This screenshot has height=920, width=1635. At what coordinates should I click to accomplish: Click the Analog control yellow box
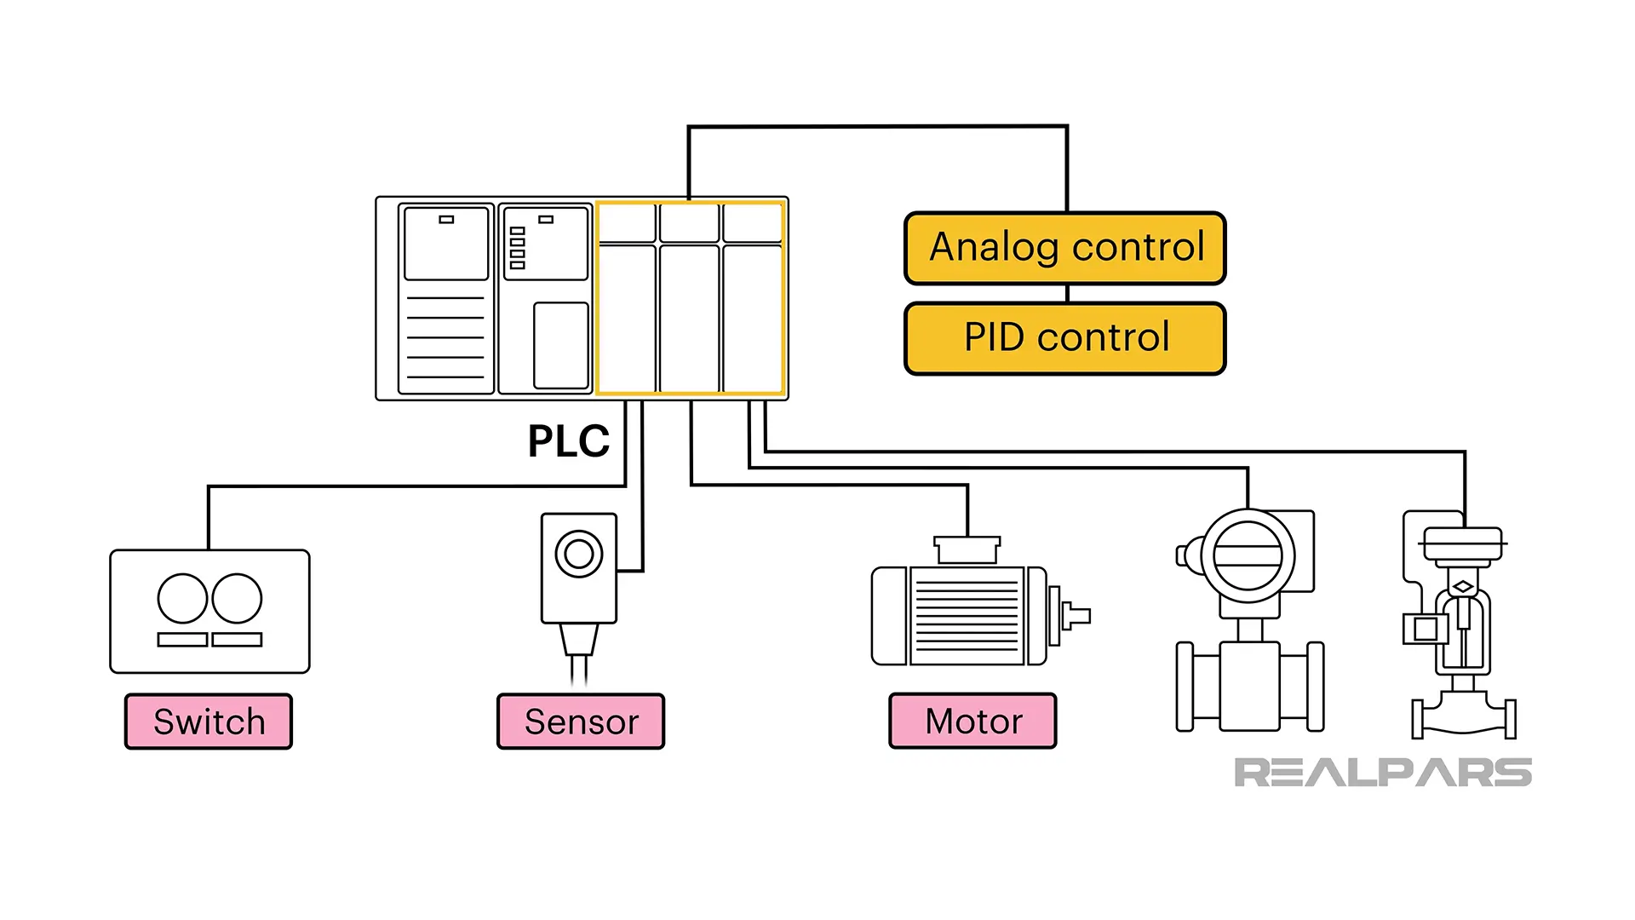[x=1065, y=248]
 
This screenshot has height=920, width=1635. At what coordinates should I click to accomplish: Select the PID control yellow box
[x=1065, y=338]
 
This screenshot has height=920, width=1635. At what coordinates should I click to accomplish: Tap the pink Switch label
[x=209, y=722]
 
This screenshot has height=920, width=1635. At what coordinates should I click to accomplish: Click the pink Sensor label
[x=581, y=722]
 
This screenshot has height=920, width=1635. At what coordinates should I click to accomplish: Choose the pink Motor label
[x=972, y=722]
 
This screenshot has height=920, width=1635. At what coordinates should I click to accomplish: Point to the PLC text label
[x=568, y=441]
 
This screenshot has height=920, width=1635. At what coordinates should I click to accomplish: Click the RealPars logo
[x=1382, y=773]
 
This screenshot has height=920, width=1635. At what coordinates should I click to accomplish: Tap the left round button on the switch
[x=182, y=599]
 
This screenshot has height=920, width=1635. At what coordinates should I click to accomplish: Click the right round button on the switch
[x=237, y=599]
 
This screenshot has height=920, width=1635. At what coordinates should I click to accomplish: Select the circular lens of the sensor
[x=579, y=554]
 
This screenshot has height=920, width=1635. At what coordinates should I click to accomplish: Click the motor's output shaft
[x=1076, y=615]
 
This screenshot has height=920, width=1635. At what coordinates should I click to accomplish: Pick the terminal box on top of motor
[x=967, y=550]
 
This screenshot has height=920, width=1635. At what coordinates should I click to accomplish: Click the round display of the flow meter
[x=1248, y=555]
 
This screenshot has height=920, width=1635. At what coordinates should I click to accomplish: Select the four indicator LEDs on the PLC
[x=517, y=248]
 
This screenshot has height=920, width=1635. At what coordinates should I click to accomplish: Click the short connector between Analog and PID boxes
[x=1067, y=294]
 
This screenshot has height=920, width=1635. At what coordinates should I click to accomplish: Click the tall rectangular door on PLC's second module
[x=560, y=345]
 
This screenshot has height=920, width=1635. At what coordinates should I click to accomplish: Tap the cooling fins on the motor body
[x=967, y=616]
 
